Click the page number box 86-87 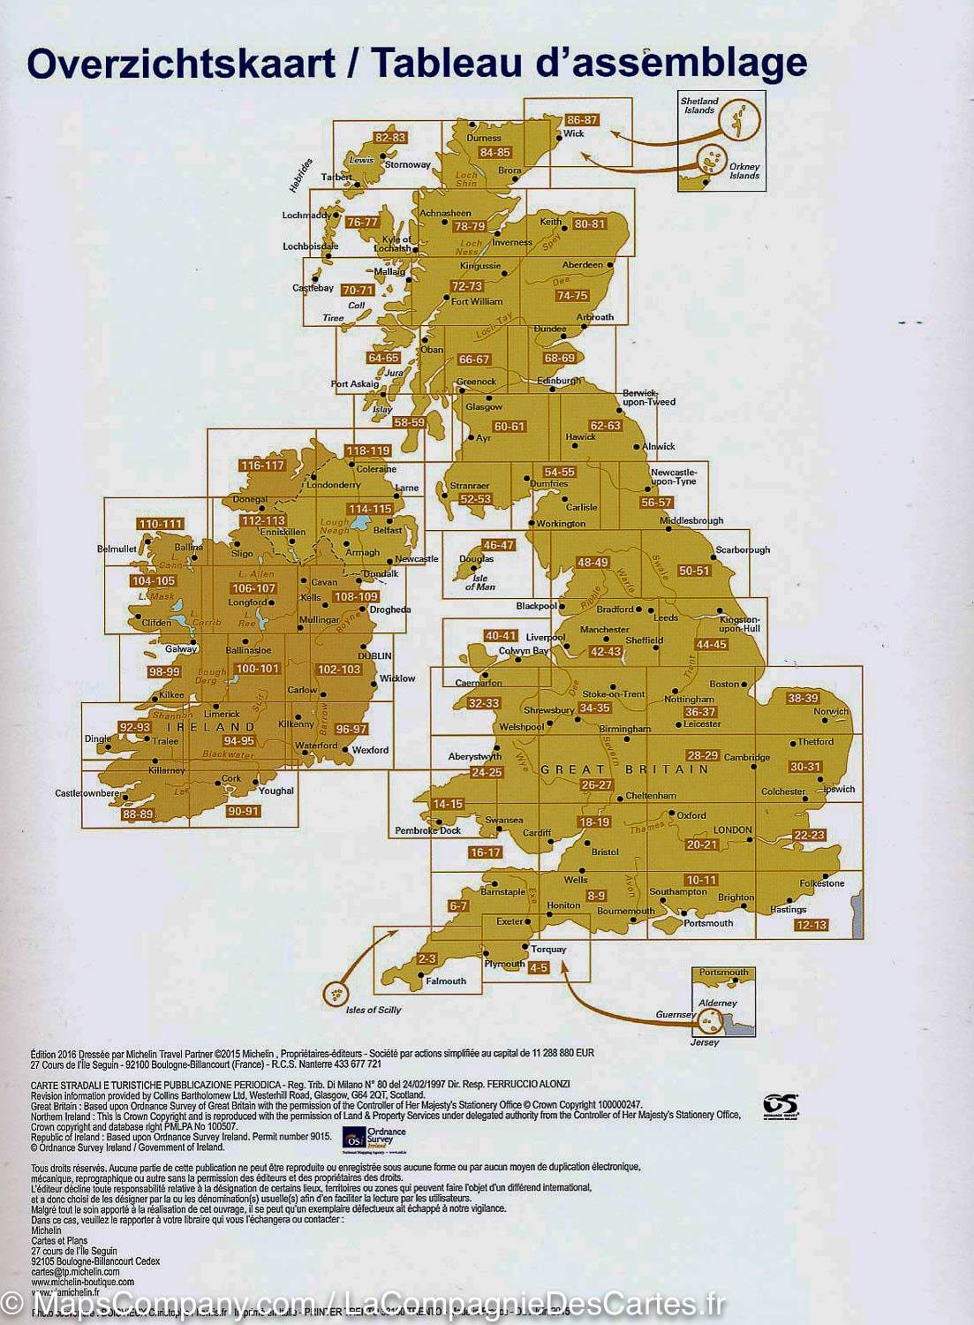pos(582,120)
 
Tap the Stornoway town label pos(407,164)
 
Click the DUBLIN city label pos(374,656)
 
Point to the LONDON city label pos(732,829)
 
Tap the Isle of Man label pos(480,581)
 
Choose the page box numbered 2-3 pos(427,958)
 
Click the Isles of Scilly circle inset pos(336,995)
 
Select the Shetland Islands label pos(699,105)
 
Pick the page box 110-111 pos(161,524)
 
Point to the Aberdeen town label pos(582,265)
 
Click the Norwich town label pos(830,711)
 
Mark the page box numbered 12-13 pos(811,925)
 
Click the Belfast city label pos(388,531)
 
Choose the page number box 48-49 pos(593,563)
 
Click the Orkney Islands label pos(744,170)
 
